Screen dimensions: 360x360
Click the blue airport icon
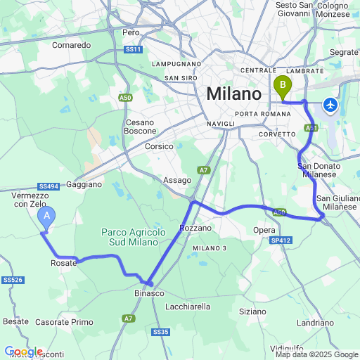330,105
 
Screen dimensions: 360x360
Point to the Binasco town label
149,293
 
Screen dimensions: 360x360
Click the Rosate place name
63,263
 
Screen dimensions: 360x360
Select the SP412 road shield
280,240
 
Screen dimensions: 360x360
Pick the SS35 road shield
160,332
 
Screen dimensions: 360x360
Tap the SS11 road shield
133,49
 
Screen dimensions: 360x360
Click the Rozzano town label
195,229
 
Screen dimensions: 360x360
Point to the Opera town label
264,230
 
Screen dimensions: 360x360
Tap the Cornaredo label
72,45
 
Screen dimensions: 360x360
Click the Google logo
23,352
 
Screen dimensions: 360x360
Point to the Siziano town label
252,311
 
